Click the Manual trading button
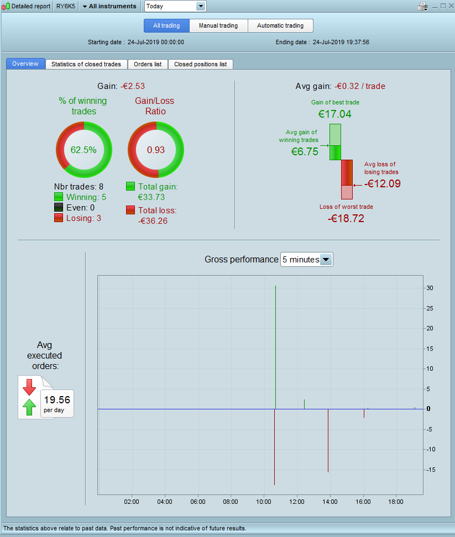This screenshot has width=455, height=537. tap(218, 25)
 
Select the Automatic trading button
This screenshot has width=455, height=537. tap(280, 25)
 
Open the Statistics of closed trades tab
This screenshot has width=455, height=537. tap(86, 64)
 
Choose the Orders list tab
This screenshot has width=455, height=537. tap(148, 64)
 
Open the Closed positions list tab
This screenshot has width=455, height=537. tap(201, 64)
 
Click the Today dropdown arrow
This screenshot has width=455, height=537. tap(201, 6)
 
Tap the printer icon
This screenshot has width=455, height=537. tap(422, 6)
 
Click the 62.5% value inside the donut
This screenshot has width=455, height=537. tap(83, 150)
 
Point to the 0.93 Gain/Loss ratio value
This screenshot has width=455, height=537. tap(156, 150)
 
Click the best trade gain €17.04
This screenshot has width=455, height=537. tap(334, 114)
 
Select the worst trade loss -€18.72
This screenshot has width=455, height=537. tap(346, 218)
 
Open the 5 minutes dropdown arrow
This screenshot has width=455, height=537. tap(326, 260)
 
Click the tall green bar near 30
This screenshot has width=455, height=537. tap(275, 348)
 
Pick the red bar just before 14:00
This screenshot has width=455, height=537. tap(328, 441)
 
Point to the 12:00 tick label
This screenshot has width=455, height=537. tap(297, 502)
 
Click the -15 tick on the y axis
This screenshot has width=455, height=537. tap(431, 470)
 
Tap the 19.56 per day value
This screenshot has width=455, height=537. tap(57, 399)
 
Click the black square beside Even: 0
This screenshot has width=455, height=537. tap(59, 208)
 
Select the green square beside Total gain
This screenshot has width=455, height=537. tap(130, 186)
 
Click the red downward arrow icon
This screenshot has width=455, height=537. tap(29, 387)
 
